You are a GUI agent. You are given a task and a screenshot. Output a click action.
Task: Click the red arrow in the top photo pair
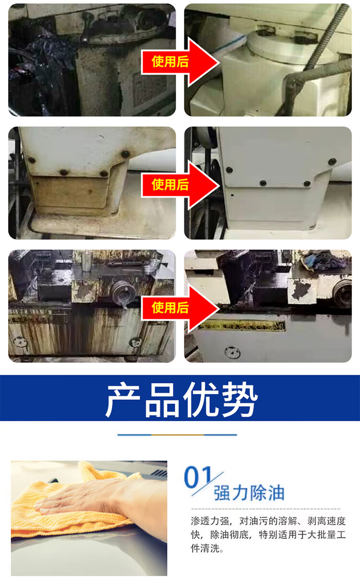point(180,62)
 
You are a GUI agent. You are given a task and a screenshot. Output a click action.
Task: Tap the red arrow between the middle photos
point(180,185)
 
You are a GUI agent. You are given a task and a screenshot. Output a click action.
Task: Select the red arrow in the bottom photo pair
point(180,309)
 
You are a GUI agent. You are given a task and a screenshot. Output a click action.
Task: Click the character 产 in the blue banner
point(122,400)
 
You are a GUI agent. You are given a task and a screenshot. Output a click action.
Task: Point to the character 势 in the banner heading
point(240,400)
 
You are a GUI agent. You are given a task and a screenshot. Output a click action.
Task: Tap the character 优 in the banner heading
point(201,400)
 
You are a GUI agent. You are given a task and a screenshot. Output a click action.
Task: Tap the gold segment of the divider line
point(178,435)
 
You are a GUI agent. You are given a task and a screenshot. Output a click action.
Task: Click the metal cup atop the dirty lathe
point(86,261)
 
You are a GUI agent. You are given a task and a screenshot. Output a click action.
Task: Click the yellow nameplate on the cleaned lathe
point(242,326)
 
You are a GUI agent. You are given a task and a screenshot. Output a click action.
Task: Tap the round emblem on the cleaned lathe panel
point(232,352)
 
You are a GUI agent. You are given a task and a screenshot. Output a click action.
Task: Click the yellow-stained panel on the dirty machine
point(69,191)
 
